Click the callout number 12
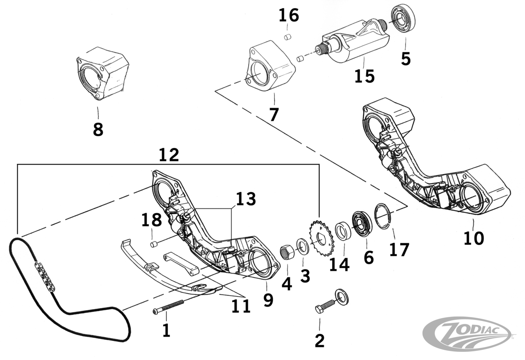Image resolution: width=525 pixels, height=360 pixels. (x=169, y=155)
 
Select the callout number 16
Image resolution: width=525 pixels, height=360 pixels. (x=289, y=16)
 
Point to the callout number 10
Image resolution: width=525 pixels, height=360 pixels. (x=474, y=238)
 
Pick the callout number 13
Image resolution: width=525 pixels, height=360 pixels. (x=245, y=199)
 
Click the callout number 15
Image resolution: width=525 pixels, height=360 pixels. (x=364, y=76)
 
